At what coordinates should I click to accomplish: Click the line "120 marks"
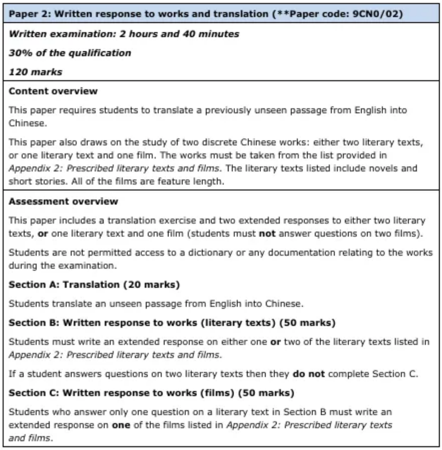coord(35,72)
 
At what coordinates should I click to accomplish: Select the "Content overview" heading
coord(53,91)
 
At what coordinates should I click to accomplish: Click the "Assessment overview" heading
coord(63,201)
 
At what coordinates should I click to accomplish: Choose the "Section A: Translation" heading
coord(64,285)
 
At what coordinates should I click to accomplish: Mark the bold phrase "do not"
coord(308,374)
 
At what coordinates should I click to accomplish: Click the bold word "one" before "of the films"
coord(121,425)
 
